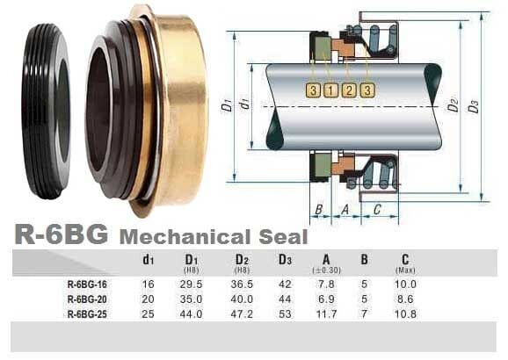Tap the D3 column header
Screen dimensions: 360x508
(284, 259)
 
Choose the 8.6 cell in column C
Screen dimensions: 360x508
(405, 299)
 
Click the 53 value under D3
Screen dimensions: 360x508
(283, 313)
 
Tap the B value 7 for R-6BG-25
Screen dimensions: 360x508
(364, 313)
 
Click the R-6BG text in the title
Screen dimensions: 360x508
(62, 234)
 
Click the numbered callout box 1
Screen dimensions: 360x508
(330, 90)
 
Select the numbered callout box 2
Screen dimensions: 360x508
(348, 90)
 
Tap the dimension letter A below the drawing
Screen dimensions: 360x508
(345, 209)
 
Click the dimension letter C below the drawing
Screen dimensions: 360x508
(376, 209)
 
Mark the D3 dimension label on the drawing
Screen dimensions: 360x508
(475, 106)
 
